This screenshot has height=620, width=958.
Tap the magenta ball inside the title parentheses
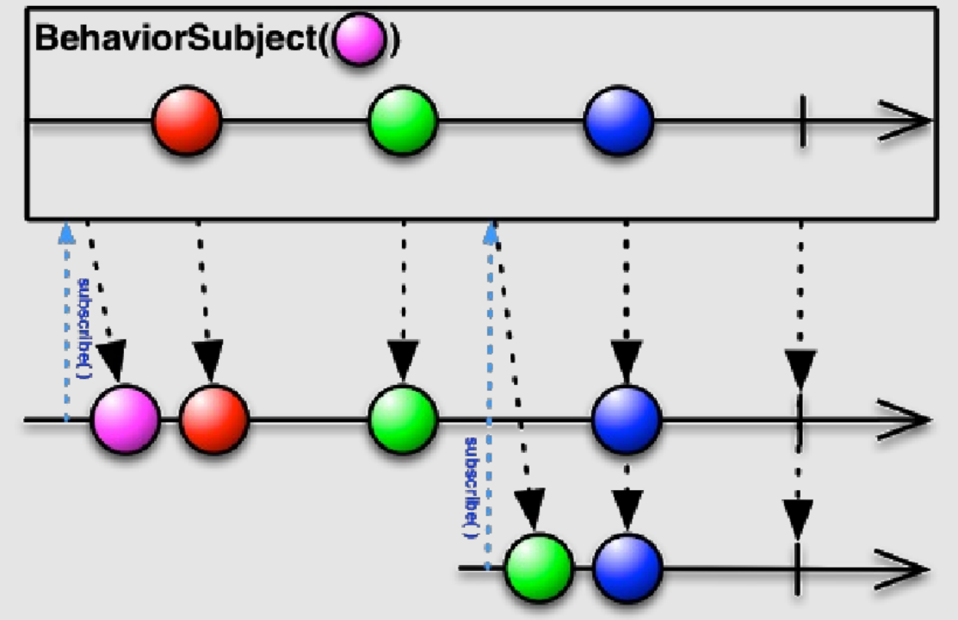point(360,38)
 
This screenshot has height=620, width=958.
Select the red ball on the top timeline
point(186,121)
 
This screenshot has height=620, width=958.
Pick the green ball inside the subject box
point(403,121)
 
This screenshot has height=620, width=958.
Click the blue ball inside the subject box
point(619,121)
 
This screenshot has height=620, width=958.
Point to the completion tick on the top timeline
point(803,121)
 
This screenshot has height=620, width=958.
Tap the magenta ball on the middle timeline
point(126,419)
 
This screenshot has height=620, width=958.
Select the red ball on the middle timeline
point(213,419)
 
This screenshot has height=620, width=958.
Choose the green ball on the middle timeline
point(403,419)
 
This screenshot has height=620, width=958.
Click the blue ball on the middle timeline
point(627,419)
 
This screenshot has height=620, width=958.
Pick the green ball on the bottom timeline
point(539,568)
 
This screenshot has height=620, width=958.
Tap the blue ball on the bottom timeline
point(628,568)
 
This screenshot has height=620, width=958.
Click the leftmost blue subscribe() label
point(84,328)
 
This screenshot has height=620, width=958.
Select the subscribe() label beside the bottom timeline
point(471,487)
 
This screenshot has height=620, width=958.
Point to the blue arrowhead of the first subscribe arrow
point(66,233)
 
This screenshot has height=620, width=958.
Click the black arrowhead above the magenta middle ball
point(112,361)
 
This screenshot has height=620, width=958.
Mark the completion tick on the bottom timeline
point(797,568)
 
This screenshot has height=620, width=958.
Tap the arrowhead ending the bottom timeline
point(902,569)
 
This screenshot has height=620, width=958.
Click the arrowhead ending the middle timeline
point(905,419)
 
